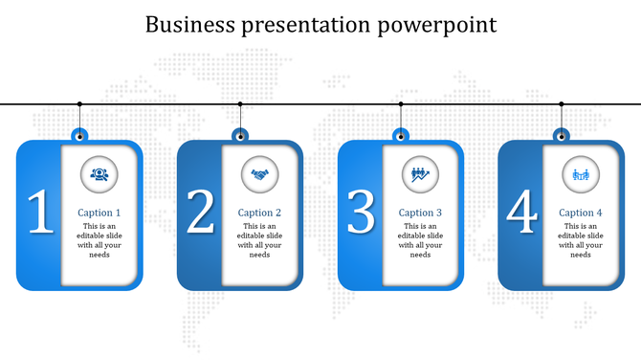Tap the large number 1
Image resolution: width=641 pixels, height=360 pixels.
pos(39,213)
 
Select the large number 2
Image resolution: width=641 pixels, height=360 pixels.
pos(200,213)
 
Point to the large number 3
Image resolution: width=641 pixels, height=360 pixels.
pos(361,213)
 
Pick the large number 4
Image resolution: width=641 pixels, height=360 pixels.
pos(521,213)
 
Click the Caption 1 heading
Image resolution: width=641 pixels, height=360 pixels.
pos(99,213)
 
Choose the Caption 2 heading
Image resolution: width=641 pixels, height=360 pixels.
pos(259,213)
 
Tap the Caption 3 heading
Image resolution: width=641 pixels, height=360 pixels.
pos(420,213)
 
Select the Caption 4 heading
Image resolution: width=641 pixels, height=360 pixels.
pos(581,213)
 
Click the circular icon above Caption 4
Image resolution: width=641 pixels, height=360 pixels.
pos(580,173)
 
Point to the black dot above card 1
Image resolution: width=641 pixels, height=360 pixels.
pos(79,103)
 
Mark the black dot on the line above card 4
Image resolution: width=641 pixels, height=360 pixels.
pos(562,103)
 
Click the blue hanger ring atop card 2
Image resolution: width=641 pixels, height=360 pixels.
pos(240,134)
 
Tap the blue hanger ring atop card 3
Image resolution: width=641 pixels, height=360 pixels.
pos(401,134)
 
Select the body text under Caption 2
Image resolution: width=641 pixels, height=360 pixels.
pos(259,240)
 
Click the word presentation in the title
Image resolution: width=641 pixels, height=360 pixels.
pos(304,25)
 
